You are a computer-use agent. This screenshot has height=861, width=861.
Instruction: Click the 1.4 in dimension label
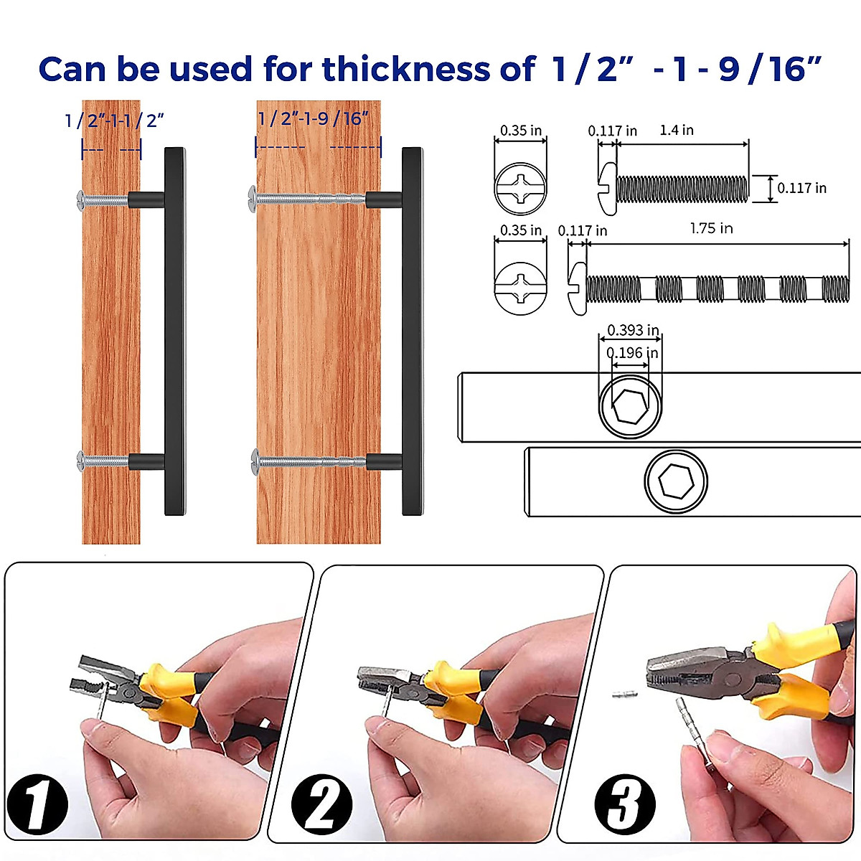[x=676, y=130]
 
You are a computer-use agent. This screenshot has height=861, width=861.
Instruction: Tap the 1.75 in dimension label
[x=711, y=228]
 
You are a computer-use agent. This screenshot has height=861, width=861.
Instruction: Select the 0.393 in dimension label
[x=632, y=330]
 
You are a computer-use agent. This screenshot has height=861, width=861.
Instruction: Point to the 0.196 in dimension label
[x=632, y=353]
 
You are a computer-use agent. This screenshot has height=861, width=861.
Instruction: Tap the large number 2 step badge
[x=321, y=806]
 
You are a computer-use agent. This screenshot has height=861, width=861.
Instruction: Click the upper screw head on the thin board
[x=80, y=199]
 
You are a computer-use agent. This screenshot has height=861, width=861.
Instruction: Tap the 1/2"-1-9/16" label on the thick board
[x=313, y=118]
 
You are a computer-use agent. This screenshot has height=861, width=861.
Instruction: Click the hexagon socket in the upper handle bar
[x=630, y=406]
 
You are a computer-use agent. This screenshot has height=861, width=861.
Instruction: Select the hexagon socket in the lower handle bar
[x=675, y=481]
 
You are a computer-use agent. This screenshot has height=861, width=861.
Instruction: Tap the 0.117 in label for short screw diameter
[x=801, y=188]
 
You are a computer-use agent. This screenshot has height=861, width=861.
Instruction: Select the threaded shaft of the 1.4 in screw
[x=682, y=189]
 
